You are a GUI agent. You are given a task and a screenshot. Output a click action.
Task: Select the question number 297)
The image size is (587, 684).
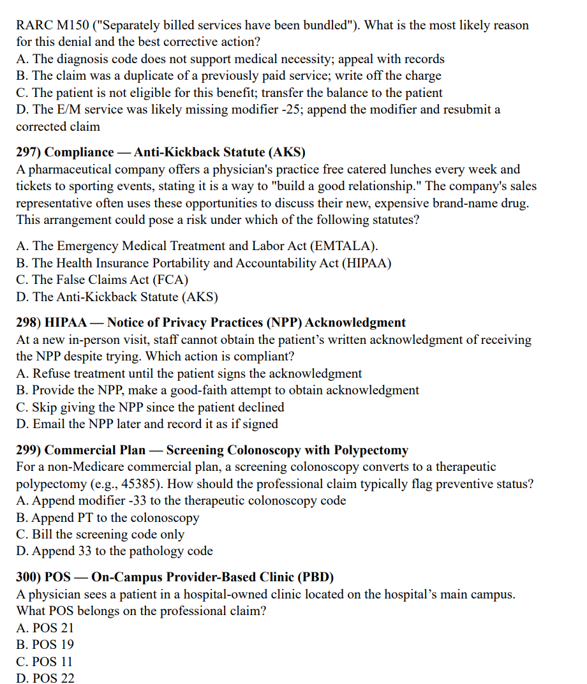coord(28,152)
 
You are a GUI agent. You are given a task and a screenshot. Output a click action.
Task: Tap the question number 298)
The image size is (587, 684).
coord(28,323)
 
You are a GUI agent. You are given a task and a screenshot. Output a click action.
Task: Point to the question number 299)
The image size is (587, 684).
coord(28,450)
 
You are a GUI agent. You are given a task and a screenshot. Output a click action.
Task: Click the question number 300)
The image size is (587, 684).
coord(28,577)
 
